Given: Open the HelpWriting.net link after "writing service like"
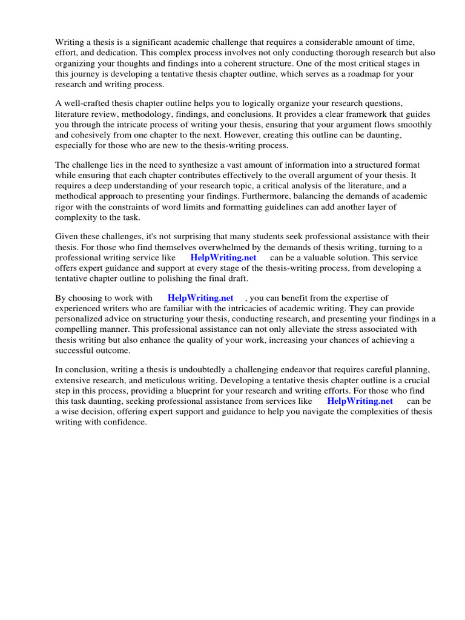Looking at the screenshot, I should click(223, 257).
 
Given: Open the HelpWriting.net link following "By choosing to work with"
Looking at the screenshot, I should click(200, 298).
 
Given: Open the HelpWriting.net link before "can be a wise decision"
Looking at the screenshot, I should click(360, 401).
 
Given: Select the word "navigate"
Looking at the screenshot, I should click(332, 412).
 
